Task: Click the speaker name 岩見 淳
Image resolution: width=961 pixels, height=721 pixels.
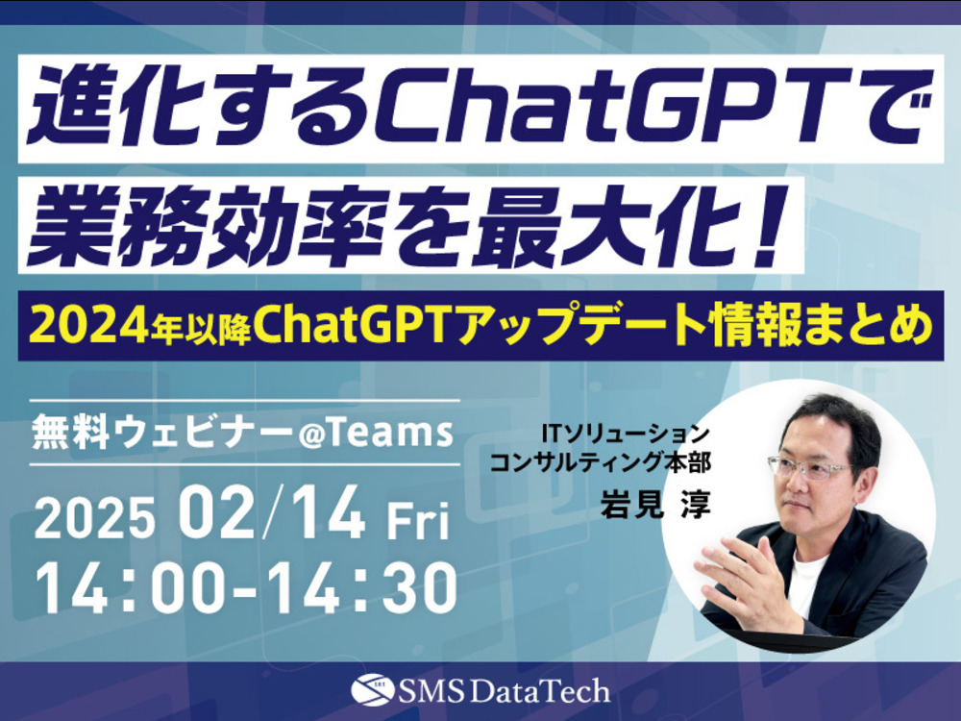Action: [x=653, y=506]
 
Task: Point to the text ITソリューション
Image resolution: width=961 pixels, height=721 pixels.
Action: [x=624, y=435]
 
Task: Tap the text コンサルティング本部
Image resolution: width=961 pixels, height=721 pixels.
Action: [x=602, y=462]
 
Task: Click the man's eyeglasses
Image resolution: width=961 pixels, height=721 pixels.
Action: [x=811, y=468]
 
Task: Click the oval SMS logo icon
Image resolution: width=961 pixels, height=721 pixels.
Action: [x=373, y=690]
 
